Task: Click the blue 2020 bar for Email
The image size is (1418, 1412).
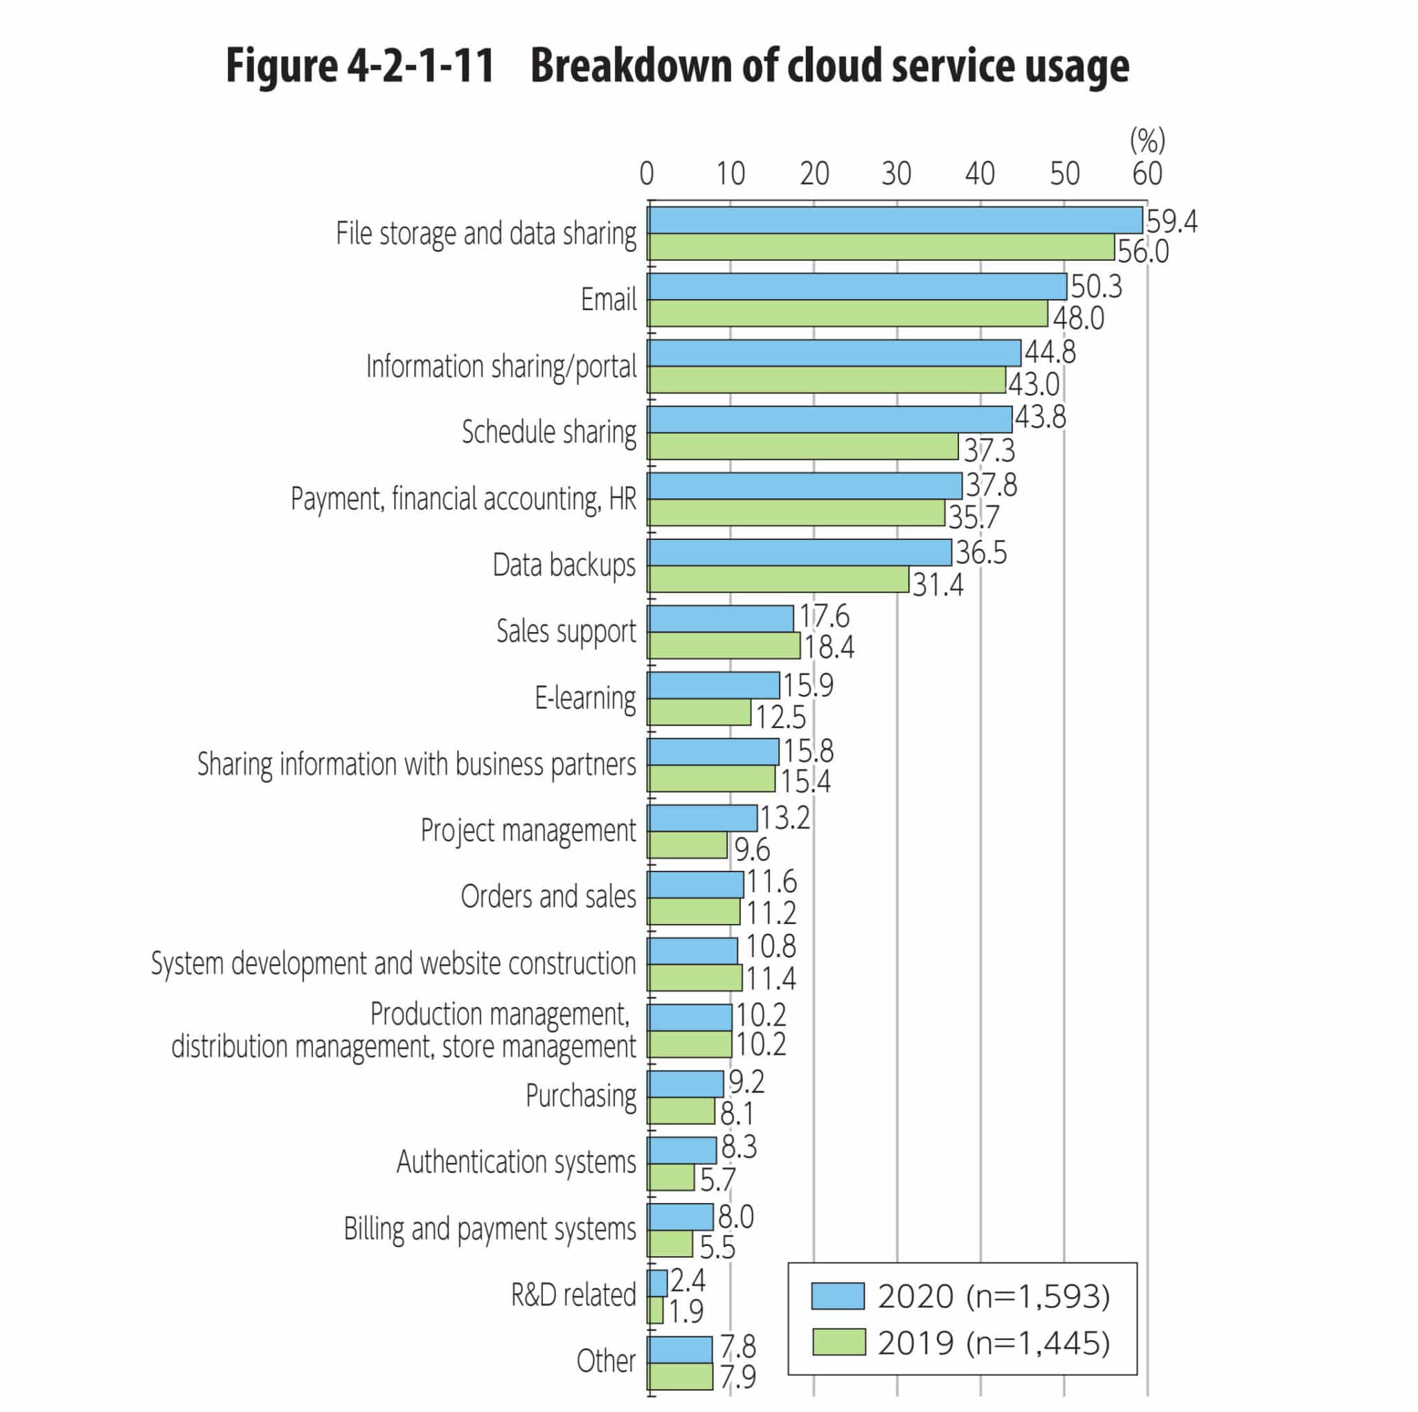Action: pos(856,287)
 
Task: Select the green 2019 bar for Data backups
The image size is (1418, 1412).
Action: pos(778,579)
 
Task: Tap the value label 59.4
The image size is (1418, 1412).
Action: pos(1172,221)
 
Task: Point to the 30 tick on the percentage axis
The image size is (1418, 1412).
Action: pos(896,174)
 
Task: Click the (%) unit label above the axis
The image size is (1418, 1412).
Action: pos(1147,139)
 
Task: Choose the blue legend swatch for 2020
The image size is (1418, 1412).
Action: pos(838,1296)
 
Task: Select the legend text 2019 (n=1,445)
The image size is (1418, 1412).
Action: pos(994,1343)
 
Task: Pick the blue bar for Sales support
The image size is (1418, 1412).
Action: pos(721,619)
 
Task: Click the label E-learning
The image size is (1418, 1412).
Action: pos(585,698)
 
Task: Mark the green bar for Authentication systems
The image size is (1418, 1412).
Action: pos(671,1177)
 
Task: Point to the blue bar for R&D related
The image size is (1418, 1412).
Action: pos(658,1283)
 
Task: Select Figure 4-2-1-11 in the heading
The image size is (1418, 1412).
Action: pos(359,66)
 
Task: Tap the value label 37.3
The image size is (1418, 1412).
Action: pos(989,450)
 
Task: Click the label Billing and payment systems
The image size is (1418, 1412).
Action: pos(490,1229)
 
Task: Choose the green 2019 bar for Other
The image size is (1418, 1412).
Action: pos(681,1376)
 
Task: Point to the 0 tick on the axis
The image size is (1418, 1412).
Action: pos(647,174)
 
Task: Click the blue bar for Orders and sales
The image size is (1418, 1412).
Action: pos(696,885)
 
